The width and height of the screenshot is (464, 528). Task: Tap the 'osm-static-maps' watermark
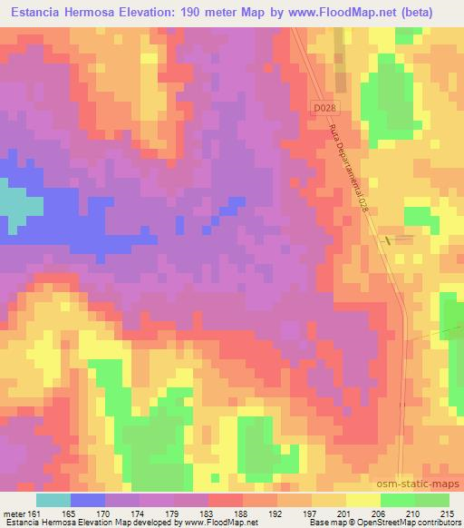425,486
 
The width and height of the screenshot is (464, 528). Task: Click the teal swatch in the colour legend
53,499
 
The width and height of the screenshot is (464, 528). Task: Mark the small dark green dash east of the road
390,240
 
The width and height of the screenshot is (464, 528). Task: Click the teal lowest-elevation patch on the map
16,204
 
